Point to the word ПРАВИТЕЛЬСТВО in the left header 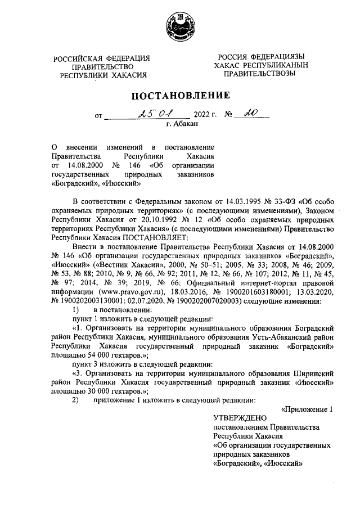point(103,66)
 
